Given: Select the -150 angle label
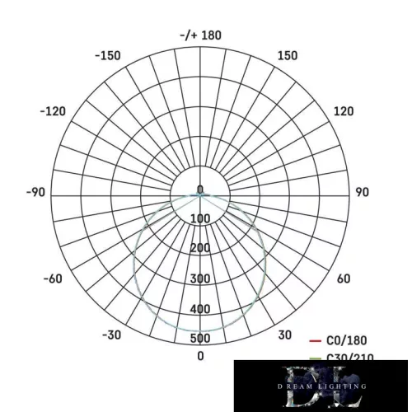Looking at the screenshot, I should point(108,56).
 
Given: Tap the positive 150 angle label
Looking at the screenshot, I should point(288,56).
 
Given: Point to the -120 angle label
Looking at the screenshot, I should point(54,111).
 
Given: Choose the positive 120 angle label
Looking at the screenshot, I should point(343,111).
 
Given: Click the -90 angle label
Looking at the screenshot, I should point(35,192).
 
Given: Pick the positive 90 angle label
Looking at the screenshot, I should point(362,192).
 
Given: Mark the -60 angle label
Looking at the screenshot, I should point(52,279).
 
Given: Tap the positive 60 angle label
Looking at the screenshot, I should point(344,279).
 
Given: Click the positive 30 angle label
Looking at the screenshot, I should point(284,335).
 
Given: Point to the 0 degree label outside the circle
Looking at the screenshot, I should point(200,356).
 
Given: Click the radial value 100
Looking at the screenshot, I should point(200,218).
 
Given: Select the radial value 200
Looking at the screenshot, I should point(200,248).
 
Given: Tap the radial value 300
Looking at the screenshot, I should point(200,279).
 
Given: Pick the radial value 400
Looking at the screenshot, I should point(200,309).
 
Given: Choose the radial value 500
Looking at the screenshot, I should point(200,338).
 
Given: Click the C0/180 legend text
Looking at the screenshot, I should point(347,340).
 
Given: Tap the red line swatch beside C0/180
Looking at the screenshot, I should point(314,340).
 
